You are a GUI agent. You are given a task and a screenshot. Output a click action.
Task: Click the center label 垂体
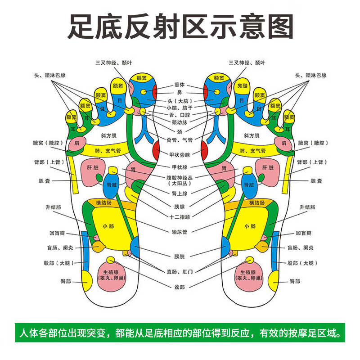180,85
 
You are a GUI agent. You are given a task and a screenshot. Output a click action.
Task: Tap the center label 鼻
180,92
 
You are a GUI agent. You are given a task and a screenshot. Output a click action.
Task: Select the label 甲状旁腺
180,154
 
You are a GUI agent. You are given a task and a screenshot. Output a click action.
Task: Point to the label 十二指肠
180,216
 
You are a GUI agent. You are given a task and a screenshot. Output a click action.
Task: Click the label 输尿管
180,232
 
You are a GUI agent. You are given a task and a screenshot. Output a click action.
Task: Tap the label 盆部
180,286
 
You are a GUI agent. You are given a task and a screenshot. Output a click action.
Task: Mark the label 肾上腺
180,193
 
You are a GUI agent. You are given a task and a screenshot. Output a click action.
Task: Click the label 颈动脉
180,122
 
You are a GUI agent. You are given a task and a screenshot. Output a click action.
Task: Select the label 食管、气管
180,140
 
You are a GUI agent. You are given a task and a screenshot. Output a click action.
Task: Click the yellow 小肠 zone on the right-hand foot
249,226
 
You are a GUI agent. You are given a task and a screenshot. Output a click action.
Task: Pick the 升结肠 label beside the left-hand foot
53,207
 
